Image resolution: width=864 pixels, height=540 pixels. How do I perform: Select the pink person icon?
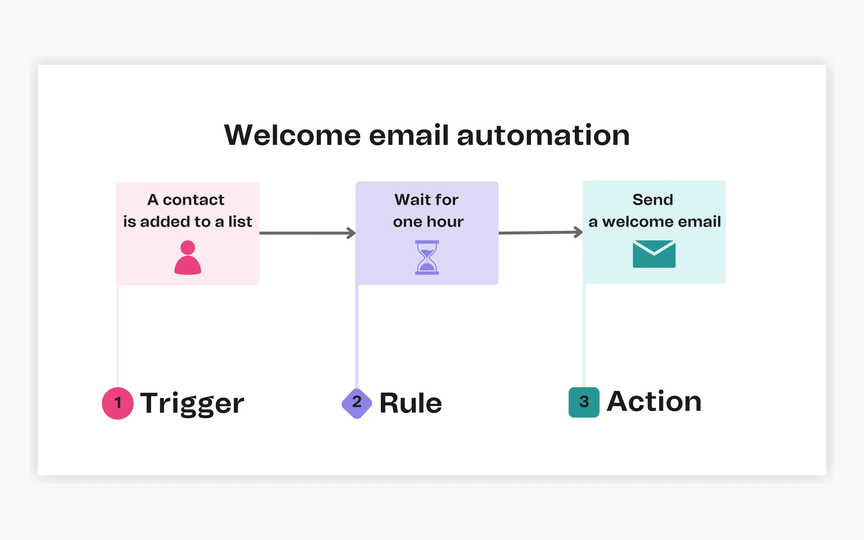[188, 258]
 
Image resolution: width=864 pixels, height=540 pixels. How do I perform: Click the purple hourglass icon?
[427, 258]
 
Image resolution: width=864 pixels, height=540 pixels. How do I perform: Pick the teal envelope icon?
[654, 254]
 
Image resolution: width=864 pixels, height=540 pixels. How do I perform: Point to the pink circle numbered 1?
[118, 403]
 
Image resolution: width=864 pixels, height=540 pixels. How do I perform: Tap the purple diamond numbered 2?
[357, 403]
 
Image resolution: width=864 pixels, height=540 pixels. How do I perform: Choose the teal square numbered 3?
[584, 402]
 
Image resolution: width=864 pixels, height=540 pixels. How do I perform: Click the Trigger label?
[192, 403]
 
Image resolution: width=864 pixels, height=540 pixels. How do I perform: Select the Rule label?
[411, 403]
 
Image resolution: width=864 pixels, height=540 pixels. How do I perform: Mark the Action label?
[654, 401]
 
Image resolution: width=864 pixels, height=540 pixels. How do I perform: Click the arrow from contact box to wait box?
[307, 233]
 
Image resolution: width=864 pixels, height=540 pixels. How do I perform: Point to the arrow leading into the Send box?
[541, 233]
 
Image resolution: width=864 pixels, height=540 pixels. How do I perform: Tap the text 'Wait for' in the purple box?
[427, 200]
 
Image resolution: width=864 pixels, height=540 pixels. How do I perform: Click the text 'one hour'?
[428, 222]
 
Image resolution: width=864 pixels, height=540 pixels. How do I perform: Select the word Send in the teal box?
[653, 200]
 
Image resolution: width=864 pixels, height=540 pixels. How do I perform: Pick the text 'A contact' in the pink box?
[186, 200]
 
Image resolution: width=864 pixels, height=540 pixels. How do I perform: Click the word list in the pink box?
[240, 221]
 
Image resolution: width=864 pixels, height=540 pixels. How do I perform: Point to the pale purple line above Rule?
[357, 336]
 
